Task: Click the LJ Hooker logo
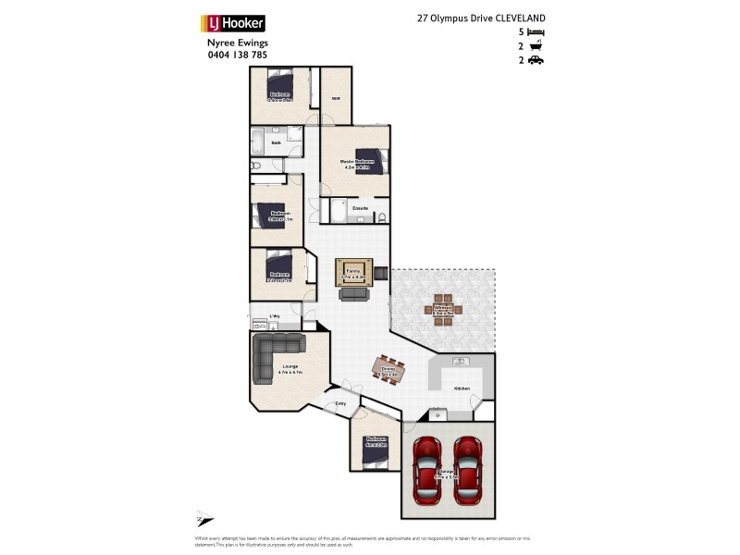233,23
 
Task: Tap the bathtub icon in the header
536,45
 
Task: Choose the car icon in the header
536,60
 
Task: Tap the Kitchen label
462,388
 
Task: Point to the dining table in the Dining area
388,371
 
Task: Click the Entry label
340,404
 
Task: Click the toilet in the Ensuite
382,218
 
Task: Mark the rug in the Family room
353,273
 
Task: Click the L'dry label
274,317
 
